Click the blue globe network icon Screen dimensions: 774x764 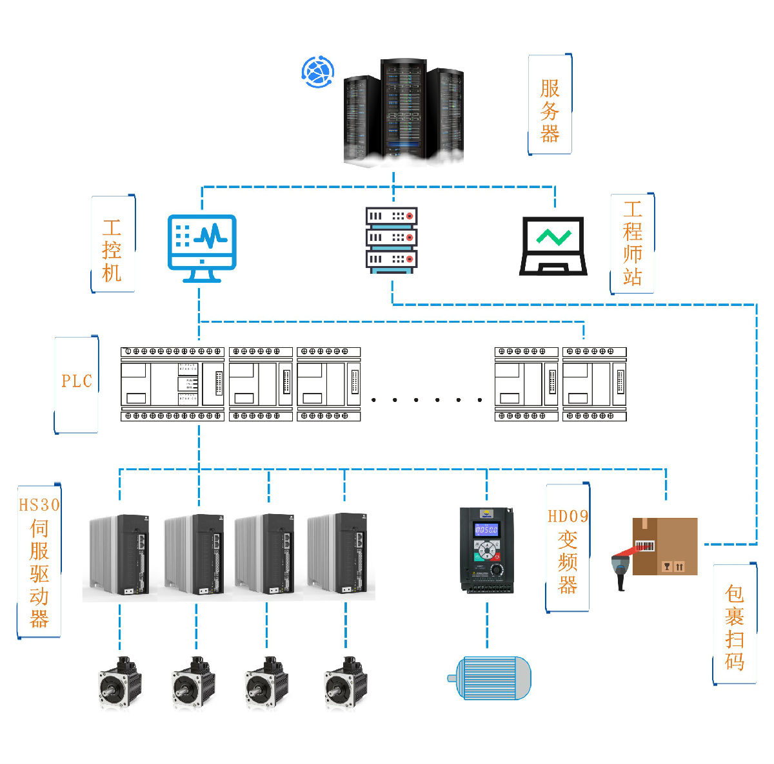click(x=318, y=72)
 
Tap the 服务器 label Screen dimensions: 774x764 click(x=550, y=111)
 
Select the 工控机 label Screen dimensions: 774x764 click(x=112, y=251)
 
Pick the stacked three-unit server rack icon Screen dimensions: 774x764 click(x=392, y=240)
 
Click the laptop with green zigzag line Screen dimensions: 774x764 click(x=553, y=246)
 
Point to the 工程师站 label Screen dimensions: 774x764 click(x=632, y=243)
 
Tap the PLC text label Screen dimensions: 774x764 click(x=77, y=381)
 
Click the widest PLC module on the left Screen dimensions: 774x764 click(x=172, y=384)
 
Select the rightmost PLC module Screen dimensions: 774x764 click(x=595, y=384)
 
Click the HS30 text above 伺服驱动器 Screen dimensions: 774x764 click(x=39, y=505)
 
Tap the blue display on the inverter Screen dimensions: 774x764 click(x=486, y=530)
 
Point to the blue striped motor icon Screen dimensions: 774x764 click(x=490, y=678)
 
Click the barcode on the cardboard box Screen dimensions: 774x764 click(x=644, y=546)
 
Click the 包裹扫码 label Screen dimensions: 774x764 click(x=734, y=628)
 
